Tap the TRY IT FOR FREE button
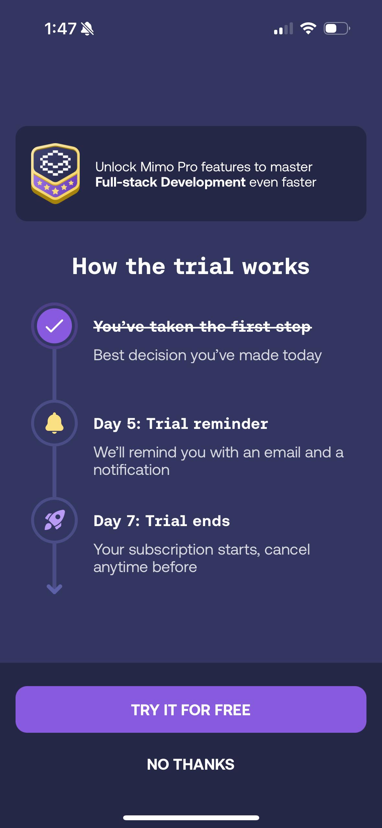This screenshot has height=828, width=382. (x=191, y=709)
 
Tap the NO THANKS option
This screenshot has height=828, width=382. (x=191, y=765)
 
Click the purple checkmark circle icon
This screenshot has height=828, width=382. (x=54, y=326)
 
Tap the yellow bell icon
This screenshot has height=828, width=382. (x=54, y=423)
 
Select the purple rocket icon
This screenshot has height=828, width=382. (x=55, y=520)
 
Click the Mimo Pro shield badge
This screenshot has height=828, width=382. (x=55, y=173)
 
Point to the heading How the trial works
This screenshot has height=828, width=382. (x=191, y=266)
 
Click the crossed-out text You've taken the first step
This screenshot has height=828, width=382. (x=203, y=327)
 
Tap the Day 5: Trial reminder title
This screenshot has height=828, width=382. (x=181, y=424)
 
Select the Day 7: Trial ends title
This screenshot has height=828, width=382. (x=162, y=521)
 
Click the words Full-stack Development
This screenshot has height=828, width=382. (x=170, y=182)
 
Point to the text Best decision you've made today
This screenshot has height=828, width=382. (x=208, y=355)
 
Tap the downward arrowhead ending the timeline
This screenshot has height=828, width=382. (x=54, y=589)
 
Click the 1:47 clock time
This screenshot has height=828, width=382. (x=61, y=29)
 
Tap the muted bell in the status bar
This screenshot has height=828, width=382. (x=87, y=29)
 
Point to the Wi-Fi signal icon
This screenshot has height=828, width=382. (x=308, y=28)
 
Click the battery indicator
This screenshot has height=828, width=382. (x=337, y=29)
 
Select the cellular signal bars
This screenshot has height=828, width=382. (x=284, y=29)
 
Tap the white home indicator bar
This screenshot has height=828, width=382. (x=191, y=818)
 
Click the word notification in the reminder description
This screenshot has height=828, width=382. (x=132, y=470)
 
